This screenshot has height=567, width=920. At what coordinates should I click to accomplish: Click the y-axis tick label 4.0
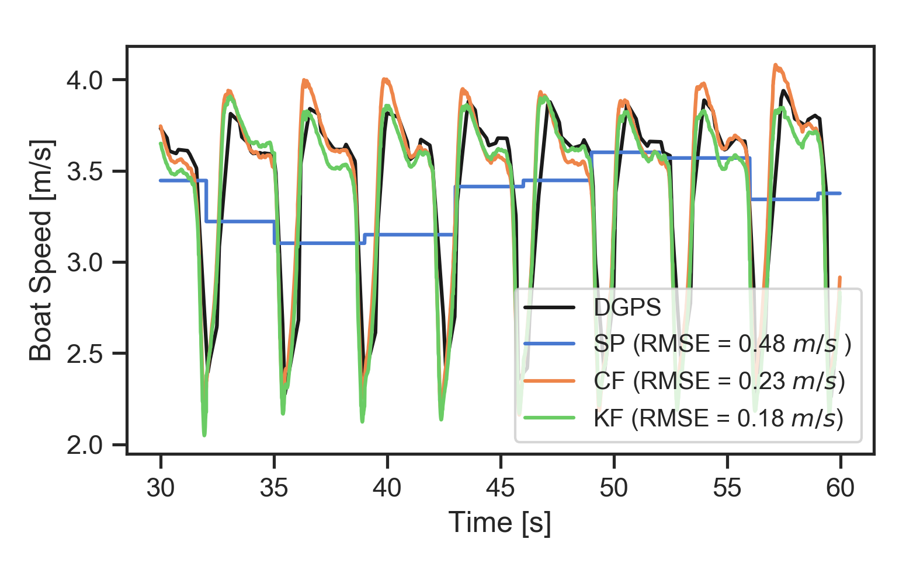[x=85, y=80]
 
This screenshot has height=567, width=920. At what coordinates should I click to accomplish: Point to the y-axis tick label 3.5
[x=85, y=171]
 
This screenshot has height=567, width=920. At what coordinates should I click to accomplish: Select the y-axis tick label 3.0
[x=85, y=262]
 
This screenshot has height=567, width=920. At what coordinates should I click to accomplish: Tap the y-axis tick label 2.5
[x=85, y=354]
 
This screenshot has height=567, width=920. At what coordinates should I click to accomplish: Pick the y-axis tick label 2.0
[x=85, y=446]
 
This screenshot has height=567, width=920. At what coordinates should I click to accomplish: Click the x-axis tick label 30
[x=161, y=488]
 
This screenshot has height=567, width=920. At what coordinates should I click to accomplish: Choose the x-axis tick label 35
[x=274, y=488]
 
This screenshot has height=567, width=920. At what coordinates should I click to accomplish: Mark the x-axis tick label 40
[x=387, y=488]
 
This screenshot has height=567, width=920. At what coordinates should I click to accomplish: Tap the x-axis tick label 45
[x=501, y=488]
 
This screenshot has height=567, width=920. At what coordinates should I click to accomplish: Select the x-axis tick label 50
[x=614, y=488]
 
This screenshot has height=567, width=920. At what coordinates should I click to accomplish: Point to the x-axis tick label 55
[x=727, y=488]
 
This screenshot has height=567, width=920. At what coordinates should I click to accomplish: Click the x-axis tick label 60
[x=841, y=488]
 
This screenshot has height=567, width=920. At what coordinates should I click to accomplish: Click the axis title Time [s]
[x=500, y=522]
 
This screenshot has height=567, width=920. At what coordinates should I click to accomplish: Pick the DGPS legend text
[x=627, y=307]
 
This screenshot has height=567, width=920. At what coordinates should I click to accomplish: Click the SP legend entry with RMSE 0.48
[x=722, y=344]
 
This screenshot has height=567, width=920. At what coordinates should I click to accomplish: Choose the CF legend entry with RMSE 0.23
[x=719, y=381]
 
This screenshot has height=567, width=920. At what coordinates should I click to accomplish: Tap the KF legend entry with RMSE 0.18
[x=718, y=418]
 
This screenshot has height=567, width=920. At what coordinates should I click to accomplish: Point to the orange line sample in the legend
[x=550, y=381]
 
